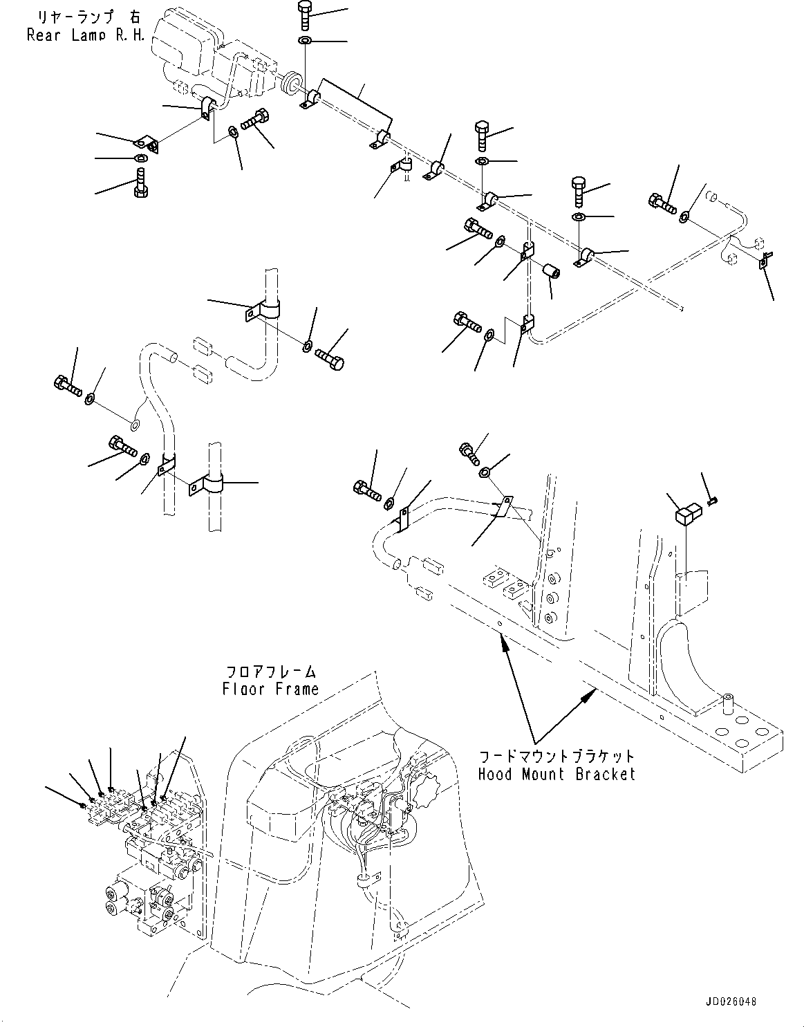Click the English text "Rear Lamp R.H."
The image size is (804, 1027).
86,35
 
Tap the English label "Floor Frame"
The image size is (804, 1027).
270,689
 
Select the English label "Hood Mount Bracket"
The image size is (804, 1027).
556,774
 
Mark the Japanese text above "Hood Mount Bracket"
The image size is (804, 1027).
556,757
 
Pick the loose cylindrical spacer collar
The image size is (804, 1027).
552,270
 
